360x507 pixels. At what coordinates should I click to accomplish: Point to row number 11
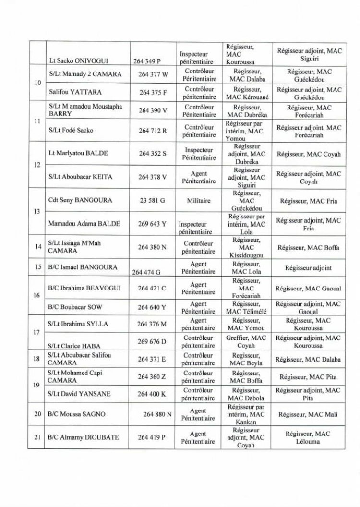(x=37, y=121)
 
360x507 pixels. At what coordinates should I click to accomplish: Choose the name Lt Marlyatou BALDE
(x=78, y=153)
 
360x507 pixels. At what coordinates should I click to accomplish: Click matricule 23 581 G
(x=152, y=201)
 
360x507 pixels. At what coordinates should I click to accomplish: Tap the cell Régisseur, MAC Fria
(x=309, y=201)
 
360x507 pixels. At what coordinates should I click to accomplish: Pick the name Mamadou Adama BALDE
(x=84, y=223)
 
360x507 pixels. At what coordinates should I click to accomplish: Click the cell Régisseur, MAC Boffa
(x=309, y=248)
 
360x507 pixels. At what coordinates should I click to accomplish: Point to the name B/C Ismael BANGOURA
(x=83, y=267)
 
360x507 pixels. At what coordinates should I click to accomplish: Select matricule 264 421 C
(x=152, y=288)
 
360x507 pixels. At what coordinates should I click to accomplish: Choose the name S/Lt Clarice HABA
(x=74, y=345)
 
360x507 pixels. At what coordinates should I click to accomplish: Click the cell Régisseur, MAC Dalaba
(x=309, y=359)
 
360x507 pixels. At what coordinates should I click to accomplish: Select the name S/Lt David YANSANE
(x=79, y=394)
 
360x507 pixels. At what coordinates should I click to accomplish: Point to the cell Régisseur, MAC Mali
(x=309, y=414)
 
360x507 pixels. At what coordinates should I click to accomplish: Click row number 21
(x=37, y=437)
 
